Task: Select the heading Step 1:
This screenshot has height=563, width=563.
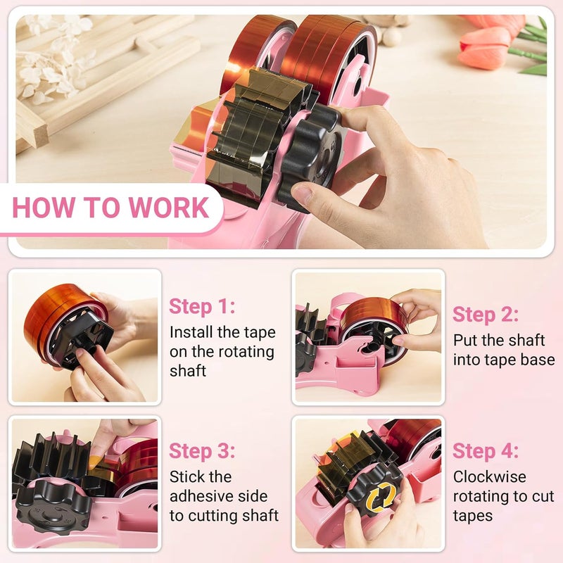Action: point(202,307)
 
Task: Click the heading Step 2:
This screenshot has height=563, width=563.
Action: point(486,314)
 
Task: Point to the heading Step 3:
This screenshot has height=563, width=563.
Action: point(203,451)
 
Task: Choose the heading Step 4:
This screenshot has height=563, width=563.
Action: point(486,451)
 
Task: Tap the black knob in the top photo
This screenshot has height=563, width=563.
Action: point(309,158)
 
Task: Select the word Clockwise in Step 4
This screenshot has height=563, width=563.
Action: point(490,477)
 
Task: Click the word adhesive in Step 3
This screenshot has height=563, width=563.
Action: point(201,497)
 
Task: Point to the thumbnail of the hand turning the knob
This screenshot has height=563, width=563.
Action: point(368,482)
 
